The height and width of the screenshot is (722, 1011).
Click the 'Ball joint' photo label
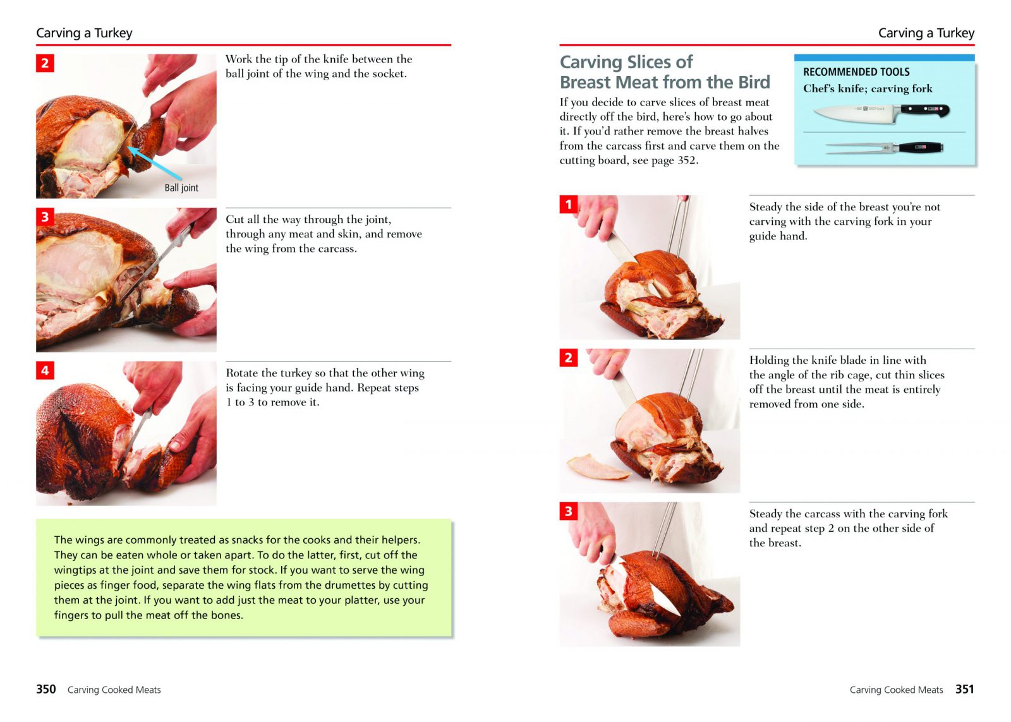[x=181, y=188]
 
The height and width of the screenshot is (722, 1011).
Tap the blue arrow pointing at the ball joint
[x=154, y=163]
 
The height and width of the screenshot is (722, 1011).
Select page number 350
[x=46, y=689]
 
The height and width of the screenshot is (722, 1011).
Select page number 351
[x=965, y=689]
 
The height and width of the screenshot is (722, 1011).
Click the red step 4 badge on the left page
[x=45, y=371]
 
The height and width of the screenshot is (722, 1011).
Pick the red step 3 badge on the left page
[x=45, y=217]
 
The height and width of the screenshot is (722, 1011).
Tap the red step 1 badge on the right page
[x=569, y=205]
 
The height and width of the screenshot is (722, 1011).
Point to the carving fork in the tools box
[x=884, y=148]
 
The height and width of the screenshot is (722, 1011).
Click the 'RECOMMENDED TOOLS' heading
[x=856, y=72]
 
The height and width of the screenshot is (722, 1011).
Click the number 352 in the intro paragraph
[x=686, y=160]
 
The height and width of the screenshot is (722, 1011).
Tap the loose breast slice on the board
[x=598, y=467]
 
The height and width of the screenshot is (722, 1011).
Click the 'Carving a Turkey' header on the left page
[x=85, y=33]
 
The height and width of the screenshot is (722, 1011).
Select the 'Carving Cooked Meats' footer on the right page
[x=897, y=690]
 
